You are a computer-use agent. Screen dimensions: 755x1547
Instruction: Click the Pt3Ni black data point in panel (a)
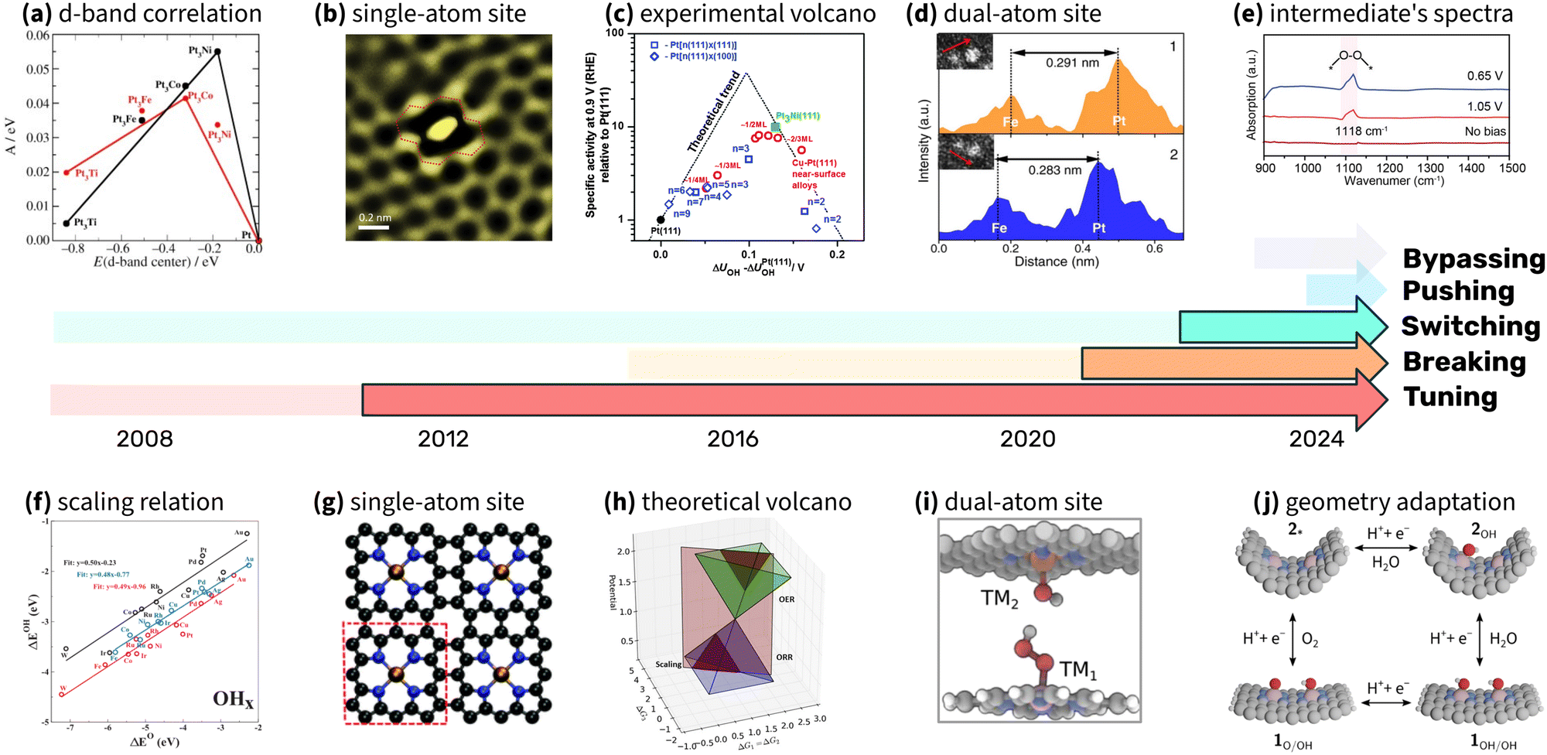coord(217,52)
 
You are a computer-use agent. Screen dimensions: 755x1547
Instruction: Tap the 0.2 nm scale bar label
coord(375,217)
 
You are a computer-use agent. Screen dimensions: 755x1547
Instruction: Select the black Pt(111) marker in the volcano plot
coord(660,220)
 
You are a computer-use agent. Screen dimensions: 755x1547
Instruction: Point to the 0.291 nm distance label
coord(1072,63)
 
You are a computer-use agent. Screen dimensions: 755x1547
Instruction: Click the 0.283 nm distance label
coord(1054,170)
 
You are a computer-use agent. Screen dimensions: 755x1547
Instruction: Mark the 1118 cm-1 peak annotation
coord(1361,131)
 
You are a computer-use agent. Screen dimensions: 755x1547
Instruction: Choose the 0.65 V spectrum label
coord(1484,76)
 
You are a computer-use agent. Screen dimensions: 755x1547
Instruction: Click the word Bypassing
coord(1474,258)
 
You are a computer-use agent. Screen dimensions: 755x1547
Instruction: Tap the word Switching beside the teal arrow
coord(1470,326)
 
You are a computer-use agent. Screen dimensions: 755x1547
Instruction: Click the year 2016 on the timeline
coord(733,439)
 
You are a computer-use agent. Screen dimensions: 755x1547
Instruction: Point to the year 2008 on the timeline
coord(145,439)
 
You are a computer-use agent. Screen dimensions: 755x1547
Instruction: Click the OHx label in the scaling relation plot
coord(233,699)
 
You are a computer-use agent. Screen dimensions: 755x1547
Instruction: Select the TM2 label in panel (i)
coord(999,598)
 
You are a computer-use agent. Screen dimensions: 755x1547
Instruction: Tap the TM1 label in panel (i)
coord(1077,669)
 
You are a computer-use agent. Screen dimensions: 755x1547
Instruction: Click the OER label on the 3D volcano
coord(786,600)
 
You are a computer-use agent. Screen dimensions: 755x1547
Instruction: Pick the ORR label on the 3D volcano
coord(784,658)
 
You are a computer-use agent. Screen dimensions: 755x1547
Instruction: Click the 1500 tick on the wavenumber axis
coord(1512,168)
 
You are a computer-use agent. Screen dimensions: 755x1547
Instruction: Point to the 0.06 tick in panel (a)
coord(38,36)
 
